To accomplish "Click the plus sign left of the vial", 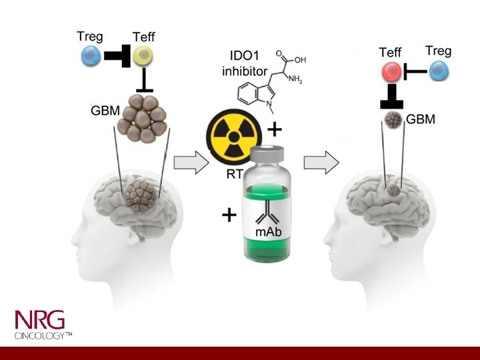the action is (x=229, y=215).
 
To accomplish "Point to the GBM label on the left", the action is (x=105, y=110).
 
